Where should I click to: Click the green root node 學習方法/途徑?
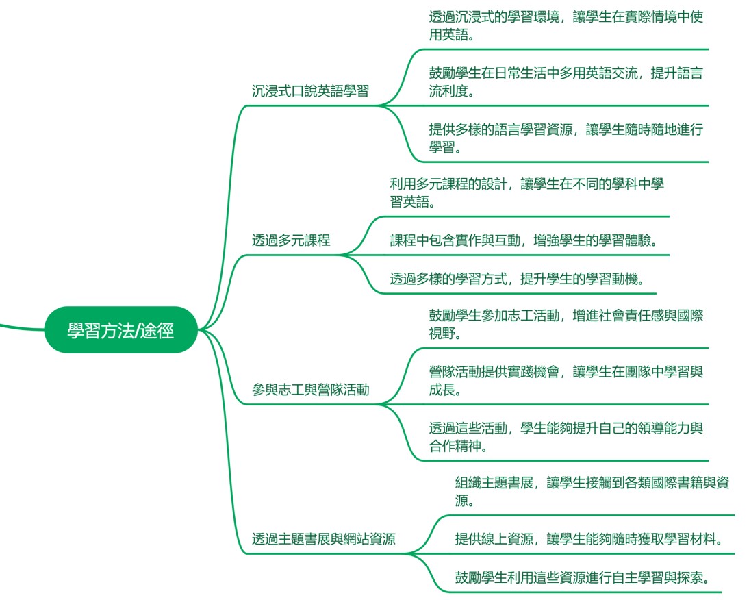click(x=120, y=330)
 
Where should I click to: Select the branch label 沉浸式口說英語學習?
click(x=310, y=91)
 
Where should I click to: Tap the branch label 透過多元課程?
click(x=291, y=240)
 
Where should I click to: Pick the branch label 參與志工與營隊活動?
click(x=310, y=390)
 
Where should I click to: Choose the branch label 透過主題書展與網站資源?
click(x=323, y=538)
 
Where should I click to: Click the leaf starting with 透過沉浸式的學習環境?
click(x=566, y=25)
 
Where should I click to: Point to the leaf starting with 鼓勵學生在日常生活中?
click(x=566, y=82)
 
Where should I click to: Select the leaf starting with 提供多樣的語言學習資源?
click(x=566, y=138)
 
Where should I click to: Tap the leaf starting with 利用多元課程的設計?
click(x=526, y=192)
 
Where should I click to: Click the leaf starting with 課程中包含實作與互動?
click(x=527, y=240)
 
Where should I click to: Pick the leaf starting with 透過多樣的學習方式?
click(x=518, y=279)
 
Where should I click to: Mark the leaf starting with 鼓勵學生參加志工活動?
click(x=566, y=324)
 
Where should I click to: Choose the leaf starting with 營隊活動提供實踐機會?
click(x=566, y=380)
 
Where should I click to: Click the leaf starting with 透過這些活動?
click(x=566, y=437)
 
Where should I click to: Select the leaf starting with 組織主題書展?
click(x=592, y=491)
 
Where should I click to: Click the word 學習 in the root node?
click(x=83, y=331)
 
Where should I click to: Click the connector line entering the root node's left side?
click(x=21, y=326)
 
